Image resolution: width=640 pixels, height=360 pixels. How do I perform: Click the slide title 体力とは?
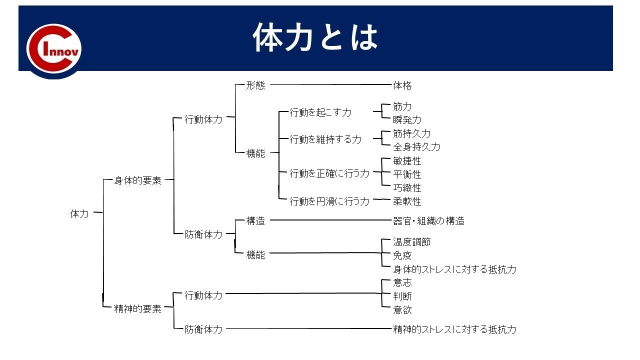point(315,38)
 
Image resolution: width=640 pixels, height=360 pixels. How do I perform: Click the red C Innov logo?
point(54,50)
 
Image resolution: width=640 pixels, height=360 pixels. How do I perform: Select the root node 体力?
point(79,214)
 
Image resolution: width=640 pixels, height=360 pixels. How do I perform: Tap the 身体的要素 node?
point(138,181)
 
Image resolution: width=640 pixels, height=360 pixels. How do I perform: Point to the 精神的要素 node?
point(138,309)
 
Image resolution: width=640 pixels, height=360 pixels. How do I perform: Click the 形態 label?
point(255,85)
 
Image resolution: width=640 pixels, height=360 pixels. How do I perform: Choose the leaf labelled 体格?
point(402,85)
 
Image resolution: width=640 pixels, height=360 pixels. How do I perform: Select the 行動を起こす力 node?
point(320,112)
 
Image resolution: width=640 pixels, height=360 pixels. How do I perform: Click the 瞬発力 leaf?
point(407,120)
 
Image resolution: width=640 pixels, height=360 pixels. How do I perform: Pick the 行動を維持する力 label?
point(325,139)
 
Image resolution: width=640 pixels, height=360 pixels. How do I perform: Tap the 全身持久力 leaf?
point(416,147)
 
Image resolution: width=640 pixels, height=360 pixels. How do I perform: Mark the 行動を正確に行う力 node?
point(329,173)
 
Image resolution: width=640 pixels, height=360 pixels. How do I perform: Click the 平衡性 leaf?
point(407,174)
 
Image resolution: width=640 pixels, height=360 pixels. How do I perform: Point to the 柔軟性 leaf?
point(407,201)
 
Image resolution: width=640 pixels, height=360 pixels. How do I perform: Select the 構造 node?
point(255,221)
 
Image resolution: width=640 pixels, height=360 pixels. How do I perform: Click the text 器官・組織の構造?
point(428,221)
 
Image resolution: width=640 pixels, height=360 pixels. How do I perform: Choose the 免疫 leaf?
point(402,255)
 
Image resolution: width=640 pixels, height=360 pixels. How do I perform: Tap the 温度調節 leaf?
point(412,242)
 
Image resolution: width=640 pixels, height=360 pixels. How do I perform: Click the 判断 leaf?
point(402,296)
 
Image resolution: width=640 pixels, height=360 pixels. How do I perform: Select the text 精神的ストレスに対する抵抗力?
point(454,329)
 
